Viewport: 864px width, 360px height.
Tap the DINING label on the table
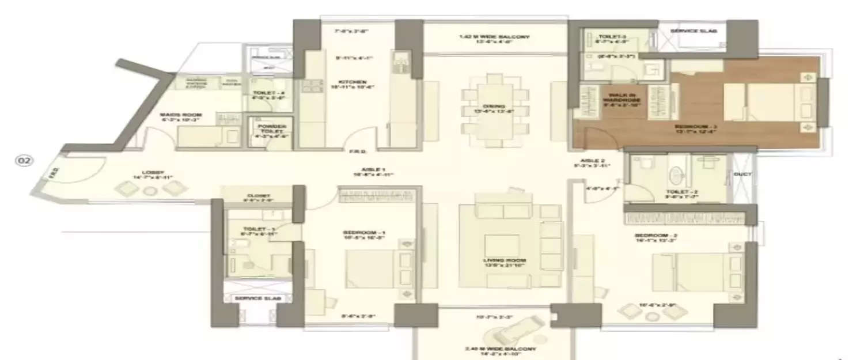click(494, 107)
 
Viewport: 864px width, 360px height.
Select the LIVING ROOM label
click(505, 260)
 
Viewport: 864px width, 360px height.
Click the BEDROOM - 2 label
click(652, 236)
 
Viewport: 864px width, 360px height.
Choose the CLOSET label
click(257, 196)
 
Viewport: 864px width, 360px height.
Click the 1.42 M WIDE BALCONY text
click(494, 37)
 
